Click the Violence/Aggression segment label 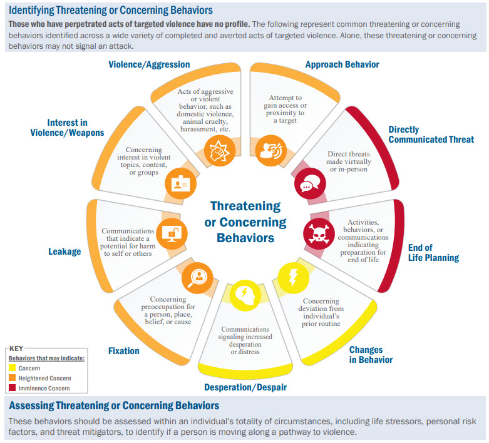click(149, 64)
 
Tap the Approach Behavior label click(342, 64)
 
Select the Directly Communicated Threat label click(431, 135)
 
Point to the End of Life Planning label click(433, 252)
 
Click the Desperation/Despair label click(245, 387)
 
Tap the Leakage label click(65, 252)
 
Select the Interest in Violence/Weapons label click(67, 127)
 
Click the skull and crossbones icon click(315, 232)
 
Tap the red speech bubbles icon click(306, 186)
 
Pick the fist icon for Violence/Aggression click(219, 151)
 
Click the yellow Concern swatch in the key click(13, 369)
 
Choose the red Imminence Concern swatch click(13, 389)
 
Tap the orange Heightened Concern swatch click(13, 379)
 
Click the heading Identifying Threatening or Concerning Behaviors click(110, 10)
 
